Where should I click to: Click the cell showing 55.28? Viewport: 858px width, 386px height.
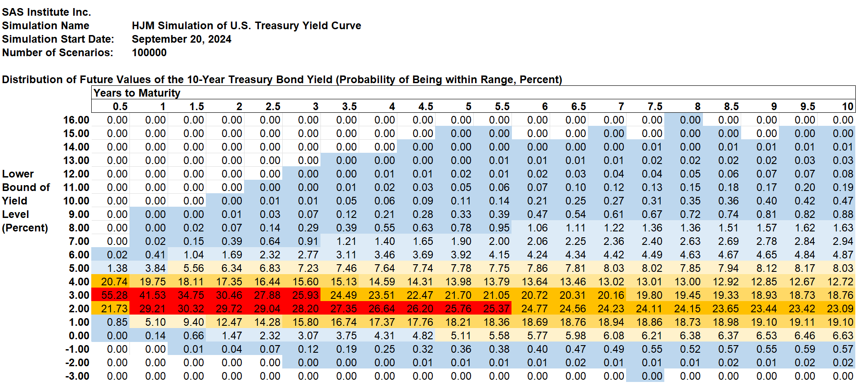pyautogui.click(x=114, y=295)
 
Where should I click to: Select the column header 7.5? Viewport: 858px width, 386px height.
pyautogui.click(x=655, y=106)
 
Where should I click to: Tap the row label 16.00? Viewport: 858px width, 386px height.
pyautogui.click(x=76, y=120)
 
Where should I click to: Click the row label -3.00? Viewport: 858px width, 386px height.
pyautogui.click(x=77, y=376)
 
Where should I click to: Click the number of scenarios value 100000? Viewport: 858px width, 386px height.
pyautogui.click(x=149, y=53)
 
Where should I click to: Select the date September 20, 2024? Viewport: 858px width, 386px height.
pyautogui.click(x=181, y=39)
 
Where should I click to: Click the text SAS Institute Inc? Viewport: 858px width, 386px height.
pyautogui.click(x=46, y=12)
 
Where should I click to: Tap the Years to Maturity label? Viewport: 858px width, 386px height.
pyautogui.click(x=137, y=93)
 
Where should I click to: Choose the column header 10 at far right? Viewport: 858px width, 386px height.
pyautogui.click(x=847, y=106)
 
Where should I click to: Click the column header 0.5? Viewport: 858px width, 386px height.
pyautogui.click(x=120, y=106)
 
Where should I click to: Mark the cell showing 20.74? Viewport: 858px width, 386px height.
pyautogui.click(x=114, y=282)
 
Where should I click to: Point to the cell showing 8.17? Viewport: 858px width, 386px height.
pyautogui.click(x=805, y=268)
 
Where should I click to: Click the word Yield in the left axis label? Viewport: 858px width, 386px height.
pyautogui.click(x=14, y=201)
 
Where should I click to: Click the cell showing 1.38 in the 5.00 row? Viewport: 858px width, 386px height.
pyautogui.click(x=117, y=268)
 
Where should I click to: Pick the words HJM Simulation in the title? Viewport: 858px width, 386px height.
pyautogui.click(x=173, y=26)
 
